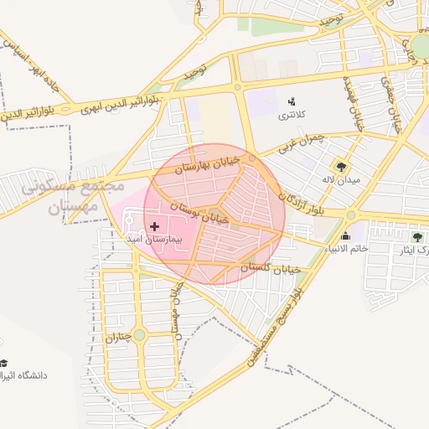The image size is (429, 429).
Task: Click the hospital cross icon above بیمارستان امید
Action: point(154,226)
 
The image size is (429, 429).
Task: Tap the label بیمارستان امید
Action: point(155,239)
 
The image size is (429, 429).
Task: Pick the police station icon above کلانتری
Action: point(292,101)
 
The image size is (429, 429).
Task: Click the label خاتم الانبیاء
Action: point(346,249)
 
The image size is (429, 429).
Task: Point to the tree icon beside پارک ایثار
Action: point(417,237)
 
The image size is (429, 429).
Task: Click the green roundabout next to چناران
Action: point(139,335)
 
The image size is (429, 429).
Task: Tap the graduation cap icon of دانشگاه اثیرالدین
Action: point(4,363)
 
